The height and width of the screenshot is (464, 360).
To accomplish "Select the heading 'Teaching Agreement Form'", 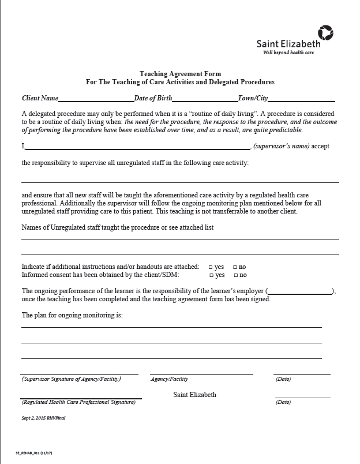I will click(179, 74).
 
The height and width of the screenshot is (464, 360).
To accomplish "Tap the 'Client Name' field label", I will click(40, 99).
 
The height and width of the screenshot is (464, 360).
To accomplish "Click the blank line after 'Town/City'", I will click(301, 99).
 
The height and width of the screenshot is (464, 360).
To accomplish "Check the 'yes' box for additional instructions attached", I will click(211, 267).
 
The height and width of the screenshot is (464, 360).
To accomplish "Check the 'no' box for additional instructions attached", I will click(235, 267).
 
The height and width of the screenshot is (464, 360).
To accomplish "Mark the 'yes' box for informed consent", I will click(211, 275).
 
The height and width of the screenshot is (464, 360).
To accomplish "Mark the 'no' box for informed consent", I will click(235, 275).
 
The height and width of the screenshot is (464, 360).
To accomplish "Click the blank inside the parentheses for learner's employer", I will click(299, 291).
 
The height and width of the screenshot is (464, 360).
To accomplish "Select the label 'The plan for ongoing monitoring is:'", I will click(72, 315).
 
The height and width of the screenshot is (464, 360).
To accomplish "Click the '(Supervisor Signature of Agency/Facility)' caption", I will click(71, 379).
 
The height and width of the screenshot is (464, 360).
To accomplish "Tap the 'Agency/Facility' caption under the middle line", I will click(169, 379).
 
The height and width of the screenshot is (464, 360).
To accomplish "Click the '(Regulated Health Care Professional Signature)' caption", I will click(78, 402).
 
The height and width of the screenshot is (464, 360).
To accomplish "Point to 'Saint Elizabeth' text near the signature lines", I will click(194, 395).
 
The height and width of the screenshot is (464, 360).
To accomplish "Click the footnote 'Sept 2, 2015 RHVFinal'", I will click(43, 417).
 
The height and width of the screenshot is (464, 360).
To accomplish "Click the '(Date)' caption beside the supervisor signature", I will click(283, 379).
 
